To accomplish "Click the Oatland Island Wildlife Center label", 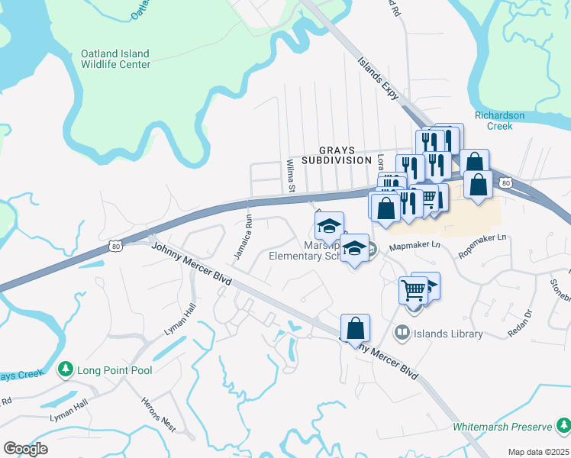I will pyautogui.click(x=115, y=60).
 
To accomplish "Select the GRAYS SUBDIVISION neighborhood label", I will pyautogui.click(x=335, y=156).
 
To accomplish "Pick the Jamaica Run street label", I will pyautogui.click(x=244, y=237).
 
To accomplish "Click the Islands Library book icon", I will pyautogui.click(x=402, y=334).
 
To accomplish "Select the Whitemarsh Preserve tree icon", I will pyautogui.click(x=563, y=425).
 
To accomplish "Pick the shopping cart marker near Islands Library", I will pyautogui.click(x=413, y=289).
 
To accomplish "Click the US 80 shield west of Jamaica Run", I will pyautogui.click(x=115, y=246).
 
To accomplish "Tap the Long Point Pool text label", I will pyautogui.click(x=114, y=370).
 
